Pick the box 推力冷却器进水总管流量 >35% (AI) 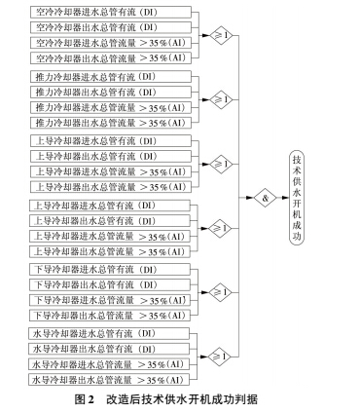click(x=108, y=107)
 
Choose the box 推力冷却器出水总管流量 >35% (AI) click(x=108, y=122)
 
